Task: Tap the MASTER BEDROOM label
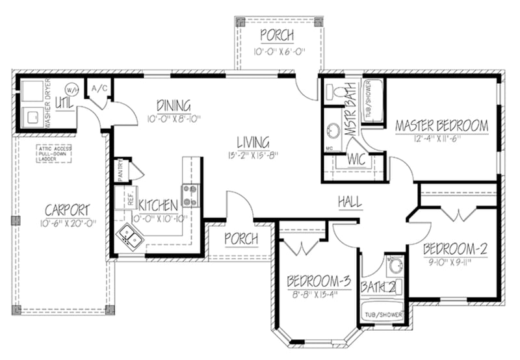coord(441,125)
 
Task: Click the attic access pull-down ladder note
coord(55,153)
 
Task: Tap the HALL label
coord(350,202)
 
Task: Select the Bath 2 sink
coord(394,265)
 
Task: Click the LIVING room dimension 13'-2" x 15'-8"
coord(252,155)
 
